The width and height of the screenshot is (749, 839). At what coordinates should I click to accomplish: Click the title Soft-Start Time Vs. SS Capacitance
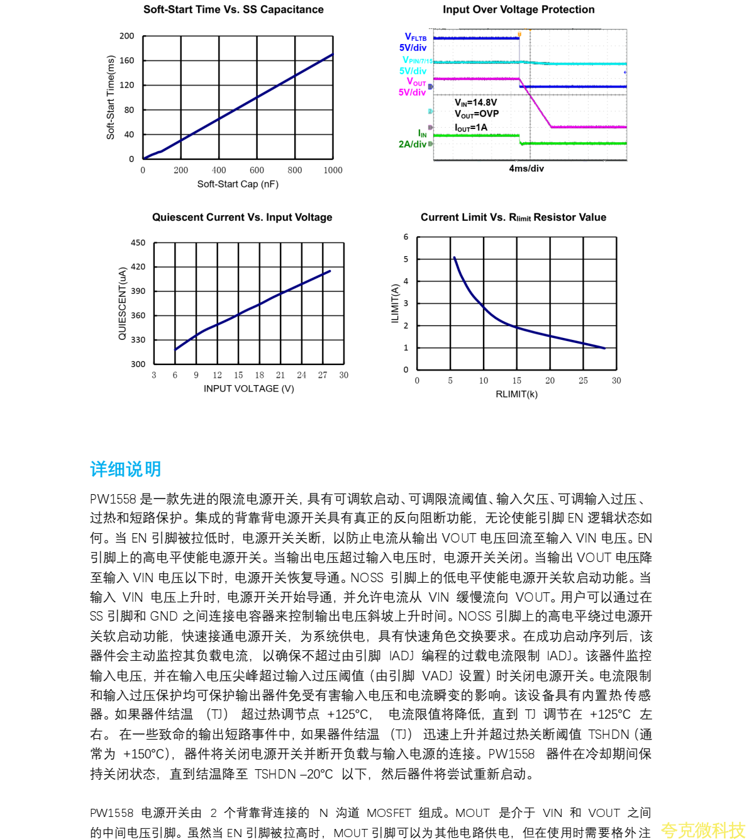[x=233, y=9]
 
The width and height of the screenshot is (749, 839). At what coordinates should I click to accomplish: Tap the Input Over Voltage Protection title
[x=518, y=9]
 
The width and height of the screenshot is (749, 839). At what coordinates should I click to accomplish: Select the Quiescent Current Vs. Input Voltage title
[x=242, y=217]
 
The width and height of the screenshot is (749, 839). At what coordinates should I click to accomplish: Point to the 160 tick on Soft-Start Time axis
[x=127, y=60]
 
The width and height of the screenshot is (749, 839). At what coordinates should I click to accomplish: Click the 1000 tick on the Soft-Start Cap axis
[x=333, y=170]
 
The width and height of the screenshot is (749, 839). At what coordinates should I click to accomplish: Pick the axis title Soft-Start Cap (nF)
[x=238, y=184]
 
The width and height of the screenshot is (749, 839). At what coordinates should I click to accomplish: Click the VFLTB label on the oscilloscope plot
[x=415, y=37]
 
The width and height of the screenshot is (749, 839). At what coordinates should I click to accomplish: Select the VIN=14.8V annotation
[x=476, y=102]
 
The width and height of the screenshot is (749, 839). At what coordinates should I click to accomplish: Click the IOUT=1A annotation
[x=471, y=128]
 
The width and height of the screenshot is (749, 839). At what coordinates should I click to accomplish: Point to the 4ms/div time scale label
[x=526, y=168]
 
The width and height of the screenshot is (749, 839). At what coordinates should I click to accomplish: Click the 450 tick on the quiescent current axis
[x=138, y=242]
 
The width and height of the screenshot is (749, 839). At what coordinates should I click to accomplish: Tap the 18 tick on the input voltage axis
[x=259, y=375]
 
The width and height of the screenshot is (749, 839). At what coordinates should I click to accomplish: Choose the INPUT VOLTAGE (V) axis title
[x=249, y=388]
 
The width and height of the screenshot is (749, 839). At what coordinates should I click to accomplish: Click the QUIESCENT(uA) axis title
[x=123, y=303]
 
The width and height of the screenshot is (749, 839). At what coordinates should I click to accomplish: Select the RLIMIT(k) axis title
[x=516, y=394]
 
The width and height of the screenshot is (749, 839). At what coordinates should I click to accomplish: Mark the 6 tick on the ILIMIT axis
[x=406, y=237]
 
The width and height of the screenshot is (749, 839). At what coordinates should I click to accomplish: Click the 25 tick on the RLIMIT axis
[x=583, y=381]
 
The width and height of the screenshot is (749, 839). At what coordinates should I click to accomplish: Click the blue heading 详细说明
[x=126, y=469]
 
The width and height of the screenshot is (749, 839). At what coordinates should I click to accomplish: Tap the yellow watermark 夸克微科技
[x=702, y=830]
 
